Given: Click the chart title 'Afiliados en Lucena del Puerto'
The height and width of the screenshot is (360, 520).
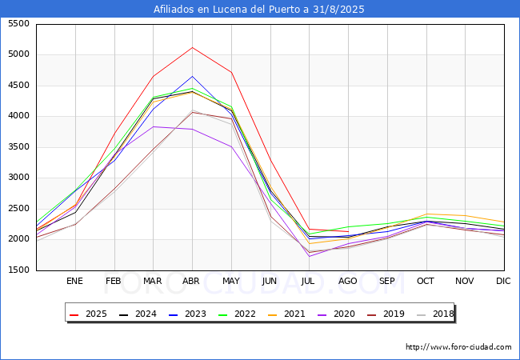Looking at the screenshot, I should pyautogui.click(x=259, y=10).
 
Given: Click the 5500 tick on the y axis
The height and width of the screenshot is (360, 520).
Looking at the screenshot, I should pyautogui.click(x=18, y=24).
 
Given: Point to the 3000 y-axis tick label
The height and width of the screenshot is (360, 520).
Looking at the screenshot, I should pyautogui.click(x=18, y=178).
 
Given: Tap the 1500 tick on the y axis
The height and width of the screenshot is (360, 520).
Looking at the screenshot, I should pyautogui.click(x=18, y=270).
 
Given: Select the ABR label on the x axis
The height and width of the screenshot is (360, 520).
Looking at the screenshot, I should pyautogui.click(x=192, y=282).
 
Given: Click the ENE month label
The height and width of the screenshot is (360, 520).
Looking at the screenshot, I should pyautogui.click(x=74, y=282).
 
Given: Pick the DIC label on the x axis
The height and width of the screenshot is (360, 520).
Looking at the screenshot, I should pyautogui.click(x=503, y=282).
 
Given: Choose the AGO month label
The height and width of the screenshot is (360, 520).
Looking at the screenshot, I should pyautogui.click(x=348, y=282).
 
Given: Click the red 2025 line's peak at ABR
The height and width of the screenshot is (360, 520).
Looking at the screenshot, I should pyautogui.click(x=192, y=47).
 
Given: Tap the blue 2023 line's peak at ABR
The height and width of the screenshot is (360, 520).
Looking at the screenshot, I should pyautogui.click(x=192, y=76).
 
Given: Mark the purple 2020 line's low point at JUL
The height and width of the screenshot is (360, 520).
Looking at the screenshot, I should pyautogui.click(x=309, y=256).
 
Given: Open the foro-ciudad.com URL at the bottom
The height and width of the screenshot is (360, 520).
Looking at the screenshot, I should pyautogui.click(x=458, y=347).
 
